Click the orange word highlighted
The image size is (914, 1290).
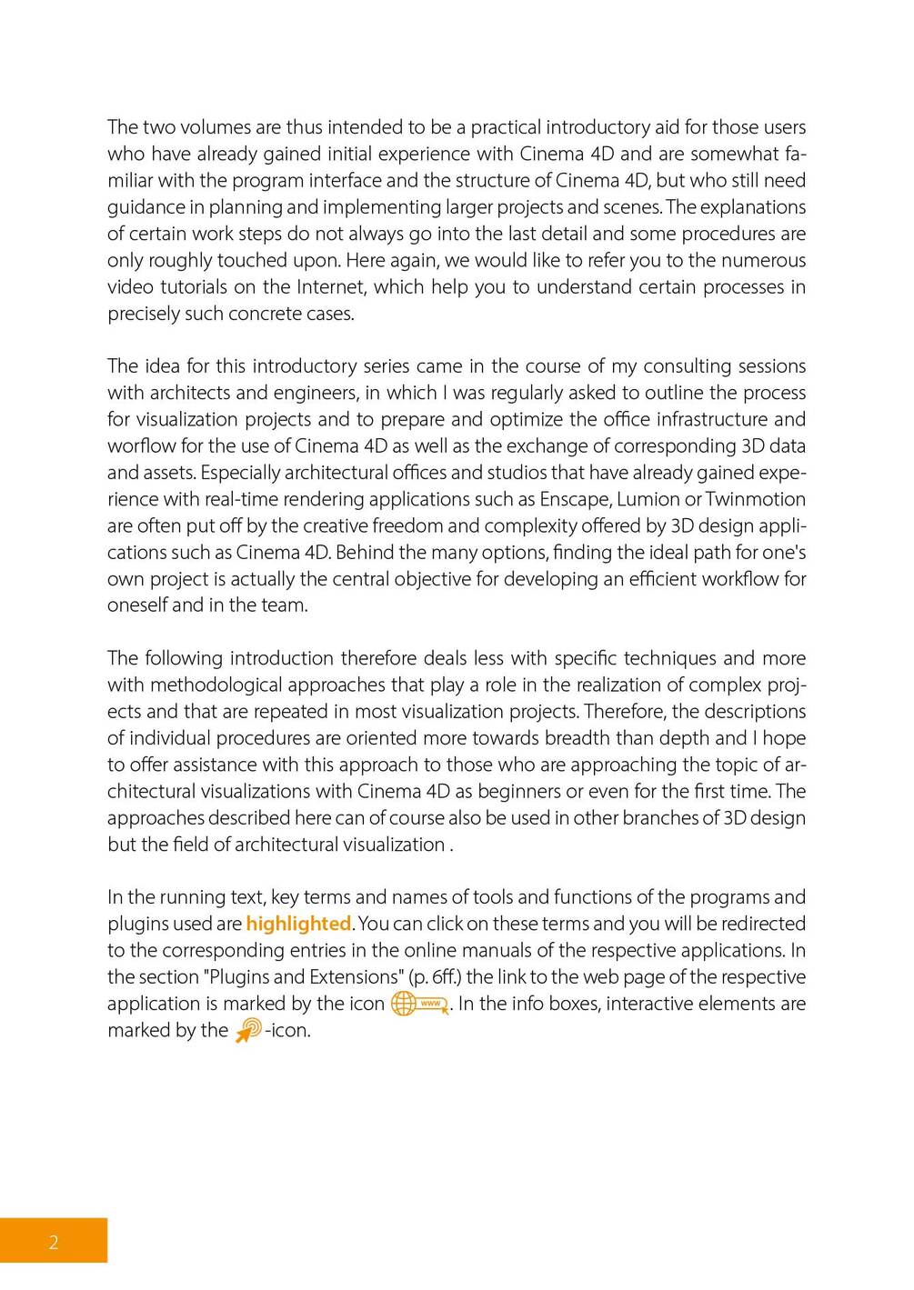[x=298, y=924]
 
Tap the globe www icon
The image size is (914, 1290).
[x=419, y=1004]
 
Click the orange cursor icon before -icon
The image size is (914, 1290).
[x=248, y=1030]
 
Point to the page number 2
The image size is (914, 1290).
[x=54, y=1243]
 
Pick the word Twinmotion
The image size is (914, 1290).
[x=755, y=499]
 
